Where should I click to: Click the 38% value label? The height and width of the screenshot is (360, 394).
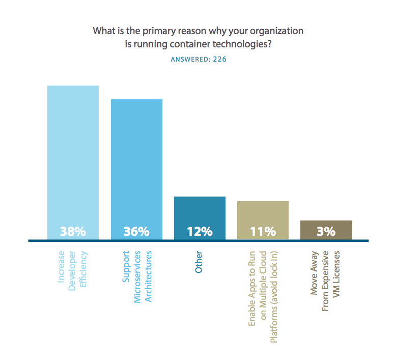click(73, 231)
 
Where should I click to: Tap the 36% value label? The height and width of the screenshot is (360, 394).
click(136, 231)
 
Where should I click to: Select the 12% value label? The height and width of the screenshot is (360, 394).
click(200, 231)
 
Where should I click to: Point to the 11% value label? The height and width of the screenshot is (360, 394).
click(263, 231)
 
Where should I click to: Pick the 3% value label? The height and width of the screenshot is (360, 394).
click(326, 231)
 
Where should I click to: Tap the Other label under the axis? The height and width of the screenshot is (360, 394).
click(199, 262)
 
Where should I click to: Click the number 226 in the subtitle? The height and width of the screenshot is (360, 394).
click(220, 59)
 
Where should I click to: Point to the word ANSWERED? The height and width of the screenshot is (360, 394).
click(188, 59)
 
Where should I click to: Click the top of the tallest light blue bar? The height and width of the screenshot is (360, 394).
click(73, 87)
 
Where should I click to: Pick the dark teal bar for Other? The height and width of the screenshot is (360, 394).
click(200, 211)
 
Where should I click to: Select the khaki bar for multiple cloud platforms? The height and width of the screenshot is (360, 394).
click(263, 214)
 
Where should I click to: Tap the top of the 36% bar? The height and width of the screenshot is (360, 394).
click(136, 100)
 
